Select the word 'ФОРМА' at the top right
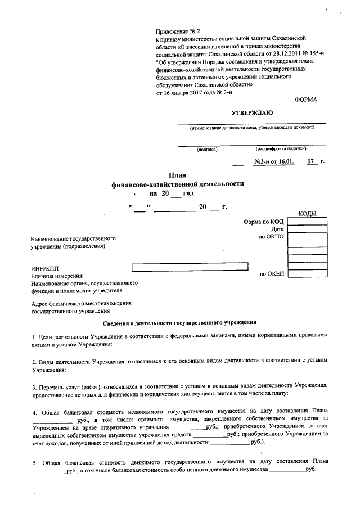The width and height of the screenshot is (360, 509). click(305, 100)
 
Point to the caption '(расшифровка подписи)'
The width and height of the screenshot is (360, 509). click(281, 149)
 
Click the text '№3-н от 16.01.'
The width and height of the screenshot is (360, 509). click(274, 162)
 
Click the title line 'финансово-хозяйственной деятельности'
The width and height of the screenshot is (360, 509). click(178, 184)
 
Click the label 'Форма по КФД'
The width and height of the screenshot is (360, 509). click(264, 222)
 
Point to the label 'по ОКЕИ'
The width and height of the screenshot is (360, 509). click(272, 274)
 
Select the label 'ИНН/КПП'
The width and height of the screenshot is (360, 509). click(44, 269)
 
